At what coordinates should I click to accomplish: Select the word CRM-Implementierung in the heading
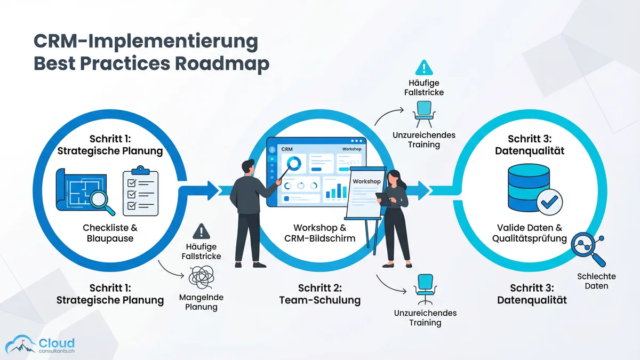(146, 41)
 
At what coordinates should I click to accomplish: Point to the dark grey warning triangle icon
(201, 231)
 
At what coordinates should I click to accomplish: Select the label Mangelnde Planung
(201, 302)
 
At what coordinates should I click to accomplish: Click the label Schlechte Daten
(596, 281)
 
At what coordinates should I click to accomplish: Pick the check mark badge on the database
(549, 202)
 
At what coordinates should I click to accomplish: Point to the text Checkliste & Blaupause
(110, 233)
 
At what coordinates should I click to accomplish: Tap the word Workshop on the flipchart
(366, 181)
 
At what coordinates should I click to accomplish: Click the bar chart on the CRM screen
(335, 189)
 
